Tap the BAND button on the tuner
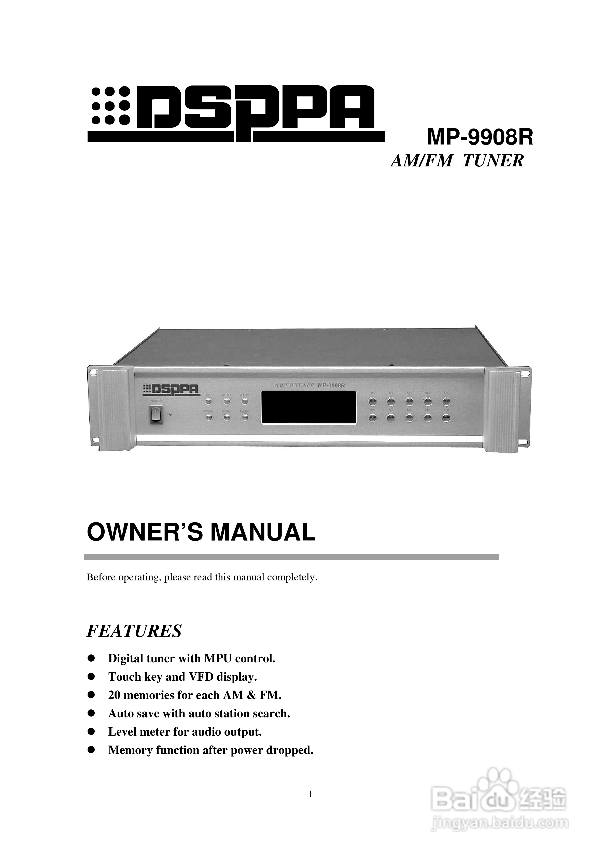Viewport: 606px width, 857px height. click(x=245, y=401)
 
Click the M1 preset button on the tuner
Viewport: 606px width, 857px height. click(x=372, y=402)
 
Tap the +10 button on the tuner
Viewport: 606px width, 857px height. click(x=446, y=418)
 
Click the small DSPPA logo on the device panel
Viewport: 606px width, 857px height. click(x=171, y=389)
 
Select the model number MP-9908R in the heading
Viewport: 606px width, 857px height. click(x=480, y=138)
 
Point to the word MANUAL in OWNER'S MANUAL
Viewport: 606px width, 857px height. click(x=263, y=533)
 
